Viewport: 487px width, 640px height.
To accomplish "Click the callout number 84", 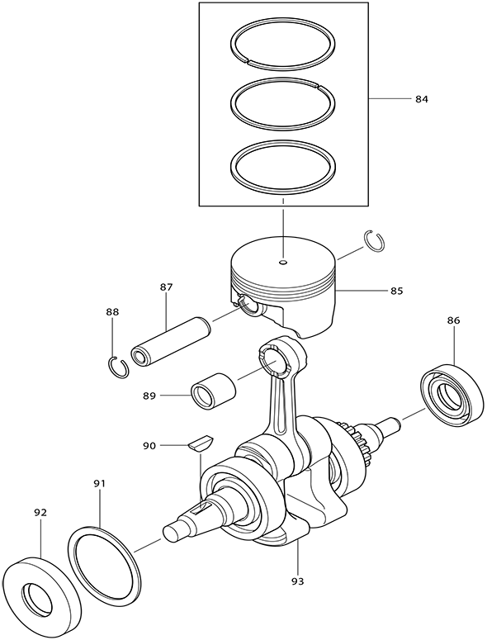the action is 422,99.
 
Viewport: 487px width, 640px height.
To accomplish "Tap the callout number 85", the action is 396,291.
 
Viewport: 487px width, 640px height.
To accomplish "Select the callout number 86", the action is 452,320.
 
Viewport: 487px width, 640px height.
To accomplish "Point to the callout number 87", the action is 167,287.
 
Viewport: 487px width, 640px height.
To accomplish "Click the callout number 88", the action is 112,312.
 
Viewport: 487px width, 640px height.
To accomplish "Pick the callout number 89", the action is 149,396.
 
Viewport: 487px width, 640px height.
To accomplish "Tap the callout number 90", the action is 149,446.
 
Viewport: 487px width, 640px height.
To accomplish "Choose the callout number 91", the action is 99,484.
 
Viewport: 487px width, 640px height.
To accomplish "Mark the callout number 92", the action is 40,513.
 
